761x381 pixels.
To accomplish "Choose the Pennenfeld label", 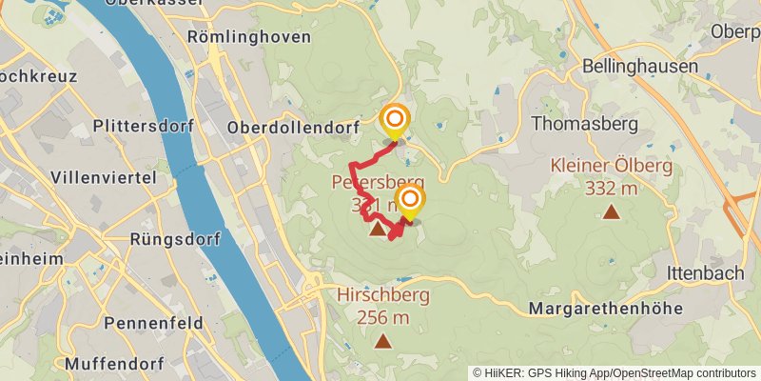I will click(154, 323).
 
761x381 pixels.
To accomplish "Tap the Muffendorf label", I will click(114, 364).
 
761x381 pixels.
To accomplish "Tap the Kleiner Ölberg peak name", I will click(611, 166).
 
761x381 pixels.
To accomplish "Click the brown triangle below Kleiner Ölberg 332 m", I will click(611, 211).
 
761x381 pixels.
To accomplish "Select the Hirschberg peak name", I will click(383, 295).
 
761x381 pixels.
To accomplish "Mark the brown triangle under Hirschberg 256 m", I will click(383, 341).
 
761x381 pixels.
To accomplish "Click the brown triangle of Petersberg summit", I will click(378, 229).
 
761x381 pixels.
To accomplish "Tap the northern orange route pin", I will click(394, 121).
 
